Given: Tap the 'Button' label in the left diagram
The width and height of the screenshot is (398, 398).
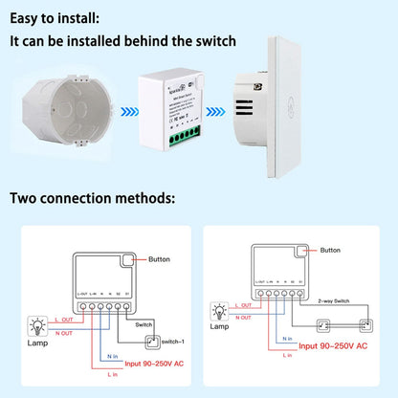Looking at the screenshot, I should [154, 259].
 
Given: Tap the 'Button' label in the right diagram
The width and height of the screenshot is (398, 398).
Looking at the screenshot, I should [329, 249].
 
